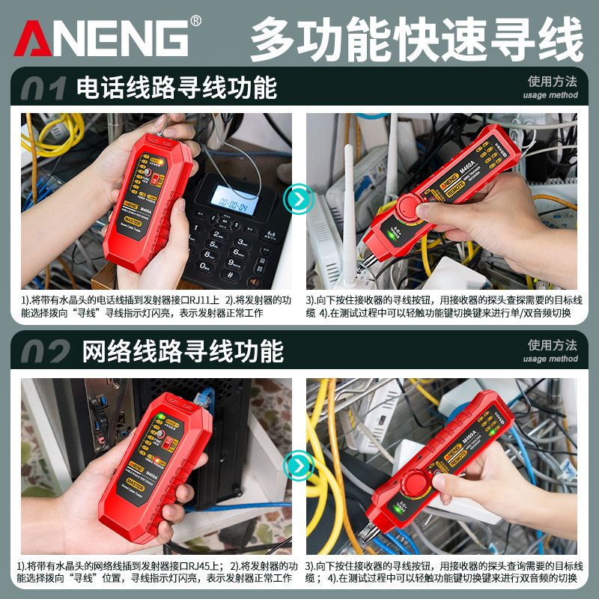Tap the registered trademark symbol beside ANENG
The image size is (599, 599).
pyautogui.click(x=196, y=20)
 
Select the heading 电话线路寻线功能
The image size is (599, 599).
pyautogui.click(x=177, y=88)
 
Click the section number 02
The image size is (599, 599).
pyautogui.click(x=45, y=351)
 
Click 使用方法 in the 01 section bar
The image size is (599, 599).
pyautogui.click(x=553, y=82)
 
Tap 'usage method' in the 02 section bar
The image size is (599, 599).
pyautogui.click(x=550, y=359)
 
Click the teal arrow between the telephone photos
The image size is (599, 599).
pyautogui.click(x=299, y=199)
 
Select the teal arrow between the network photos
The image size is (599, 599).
pyautogui.click(x=299, y=466)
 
